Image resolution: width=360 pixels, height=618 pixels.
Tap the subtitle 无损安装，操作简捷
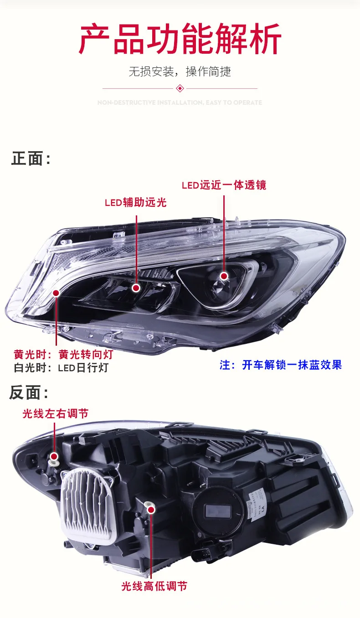[x=180, y=72]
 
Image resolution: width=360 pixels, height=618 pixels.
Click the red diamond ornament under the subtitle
[x=180, y=88]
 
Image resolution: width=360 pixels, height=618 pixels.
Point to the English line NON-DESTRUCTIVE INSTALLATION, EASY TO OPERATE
[x=180, y=103]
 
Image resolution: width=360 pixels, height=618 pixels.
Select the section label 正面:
[x=31, y=159]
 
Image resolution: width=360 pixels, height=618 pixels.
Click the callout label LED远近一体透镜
[x=224, y=185]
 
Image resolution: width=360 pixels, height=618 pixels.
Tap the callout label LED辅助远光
[x=136, y=203]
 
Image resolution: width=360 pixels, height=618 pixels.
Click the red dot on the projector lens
[x=224, y=276]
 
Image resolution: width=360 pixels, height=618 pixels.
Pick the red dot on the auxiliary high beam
[x=136, y=288]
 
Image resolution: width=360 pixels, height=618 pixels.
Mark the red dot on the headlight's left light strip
[x=56, y=293]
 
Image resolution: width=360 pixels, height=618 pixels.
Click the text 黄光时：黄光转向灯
[x=63, y=354]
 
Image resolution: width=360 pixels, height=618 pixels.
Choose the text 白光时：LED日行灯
[x=61, y=368]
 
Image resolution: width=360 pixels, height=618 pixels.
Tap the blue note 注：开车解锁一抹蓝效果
[x=281, y=365]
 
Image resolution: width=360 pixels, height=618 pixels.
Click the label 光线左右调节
[x=56, y=414]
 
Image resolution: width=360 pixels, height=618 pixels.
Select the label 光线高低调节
[x=154, y=586]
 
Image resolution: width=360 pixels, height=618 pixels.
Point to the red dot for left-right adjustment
[x=54, y=456]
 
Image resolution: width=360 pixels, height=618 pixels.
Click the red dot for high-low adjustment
[x=151, y=506]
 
